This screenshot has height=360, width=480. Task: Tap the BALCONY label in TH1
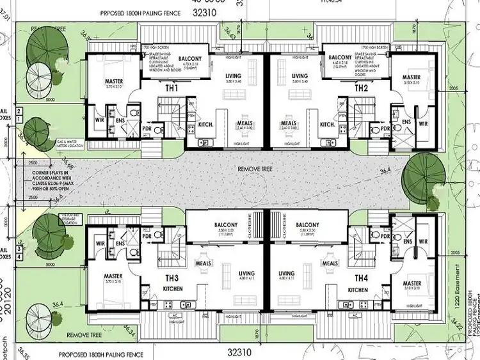191,59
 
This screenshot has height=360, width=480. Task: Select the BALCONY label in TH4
307,225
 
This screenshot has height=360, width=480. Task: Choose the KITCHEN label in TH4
358,290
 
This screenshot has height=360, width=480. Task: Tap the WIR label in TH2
423,123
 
